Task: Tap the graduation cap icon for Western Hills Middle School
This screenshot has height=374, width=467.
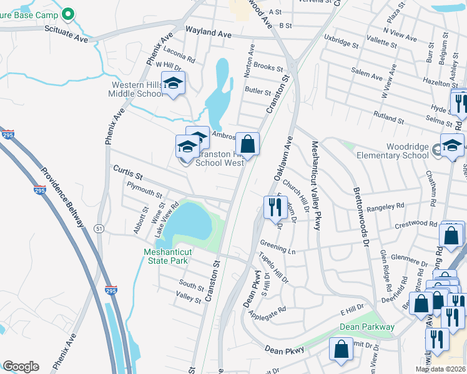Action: coord(173,83)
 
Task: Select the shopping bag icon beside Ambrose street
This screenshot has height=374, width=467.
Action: coord(248,144)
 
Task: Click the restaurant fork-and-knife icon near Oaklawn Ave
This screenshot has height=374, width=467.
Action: coord(275,206)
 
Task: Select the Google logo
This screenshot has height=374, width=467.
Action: coord(21,367)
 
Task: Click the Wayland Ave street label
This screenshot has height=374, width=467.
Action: coord(209,32)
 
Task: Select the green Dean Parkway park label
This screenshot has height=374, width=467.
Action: coord(367,327)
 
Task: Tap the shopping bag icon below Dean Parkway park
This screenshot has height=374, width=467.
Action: coord(342,350)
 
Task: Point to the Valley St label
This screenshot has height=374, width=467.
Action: coord(189,300)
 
